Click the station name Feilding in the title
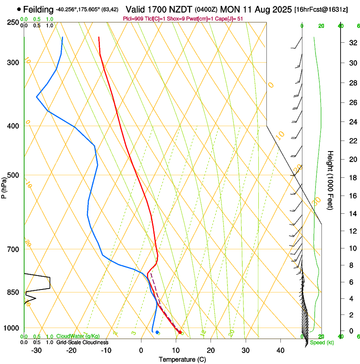pos(39,9)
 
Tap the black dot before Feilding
pos(19,9)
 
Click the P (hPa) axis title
pos(4,186)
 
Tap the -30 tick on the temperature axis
pos(36,350)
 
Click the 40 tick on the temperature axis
pos(280,350)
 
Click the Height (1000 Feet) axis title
pos(331,180)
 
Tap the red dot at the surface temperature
pos(180,332)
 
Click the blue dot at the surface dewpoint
pos(157,332)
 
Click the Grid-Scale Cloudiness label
pos(82,342)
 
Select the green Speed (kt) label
pos(321,342)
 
